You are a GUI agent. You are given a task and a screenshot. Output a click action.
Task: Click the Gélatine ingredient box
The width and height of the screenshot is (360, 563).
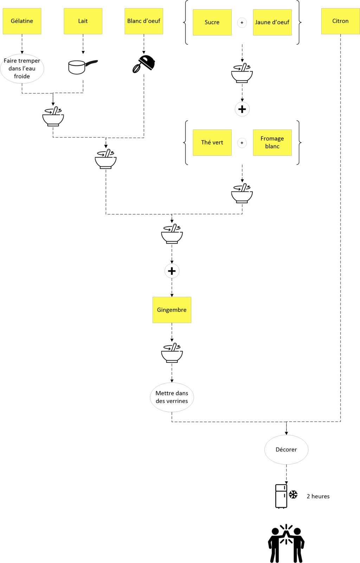pyautogui.click(x=22, y=21)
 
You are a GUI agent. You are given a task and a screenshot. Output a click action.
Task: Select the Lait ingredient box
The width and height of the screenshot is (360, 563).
pyautogui.click(x=83, y=21)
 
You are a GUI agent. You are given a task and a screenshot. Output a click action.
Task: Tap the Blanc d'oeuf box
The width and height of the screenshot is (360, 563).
pyautogui.click(x=144, y=21)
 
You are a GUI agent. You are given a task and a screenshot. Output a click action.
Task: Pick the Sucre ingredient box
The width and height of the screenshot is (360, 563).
pyautogui.click(x=212, y=23)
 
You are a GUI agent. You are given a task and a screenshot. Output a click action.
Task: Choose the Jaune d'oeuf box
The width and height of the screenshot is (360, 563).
pyautogui.click(x=272, y=23)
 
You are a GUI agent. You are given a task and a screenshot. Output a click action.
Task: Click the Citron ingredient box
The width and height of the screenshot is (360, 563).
pyautogui.click(x=340, y=21)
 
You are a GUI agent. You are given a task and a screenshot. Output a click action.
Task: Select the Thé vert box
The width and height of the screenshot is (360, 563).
pyautogui.click(x=212, y=142)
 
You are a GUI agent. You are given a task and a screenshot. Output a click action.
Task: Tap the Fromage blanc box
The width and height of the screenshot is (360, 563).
pyautogui.click(x=272, y=142)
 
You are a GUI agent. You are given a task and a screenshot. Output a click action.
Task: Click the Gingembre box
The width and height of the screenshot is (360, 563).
pyautogui.click(x=172, y=310)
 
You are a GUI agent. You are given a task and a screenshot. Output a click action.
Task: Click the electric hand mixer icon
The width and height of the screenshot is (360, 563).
pyautogui.click(x=144, y=64)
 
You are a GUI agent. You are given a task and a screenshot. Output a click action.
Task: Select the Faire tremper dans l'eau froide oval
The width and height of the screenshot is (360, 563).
pyautogui.click(x=22, y=69)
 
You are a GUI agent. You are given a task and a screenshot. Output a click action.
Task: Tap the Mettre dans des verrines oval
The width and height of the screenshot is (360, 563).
pyautogui.click(x=172, y=397)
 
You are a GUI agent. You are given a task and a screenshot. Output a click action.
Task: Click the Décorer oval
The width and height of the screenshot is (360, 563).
pyautogui.click(x=286, y=449)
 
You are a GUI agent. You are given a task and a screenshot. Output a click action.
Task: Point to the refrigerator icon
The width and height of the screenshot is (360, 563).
pyautogui.click(x=281, y=496)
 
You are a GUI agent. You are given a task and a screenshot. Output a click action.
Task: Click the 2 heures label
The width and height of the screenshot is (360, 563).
pyautogui.click(x=318, y=496)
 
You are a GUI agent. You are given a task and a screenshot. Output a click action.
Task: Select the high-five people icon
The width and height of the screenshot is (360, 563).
pyautogui.click(x=286, y=543)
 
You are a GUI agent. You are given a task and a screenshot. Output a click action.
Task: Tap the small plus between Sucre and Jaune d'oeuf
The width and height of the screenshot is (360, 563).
pyautogui.click(x=242, y=23)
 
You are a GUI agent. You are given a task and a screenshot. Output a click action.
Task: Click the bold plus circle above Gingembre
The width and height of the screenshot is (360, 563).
pyautogui.click(x=172, y=271)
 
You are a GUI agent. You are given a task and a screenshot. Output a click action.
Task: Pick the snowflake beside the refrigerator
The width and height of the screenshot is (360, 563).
pyautogui.click(x=293, y=494)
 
